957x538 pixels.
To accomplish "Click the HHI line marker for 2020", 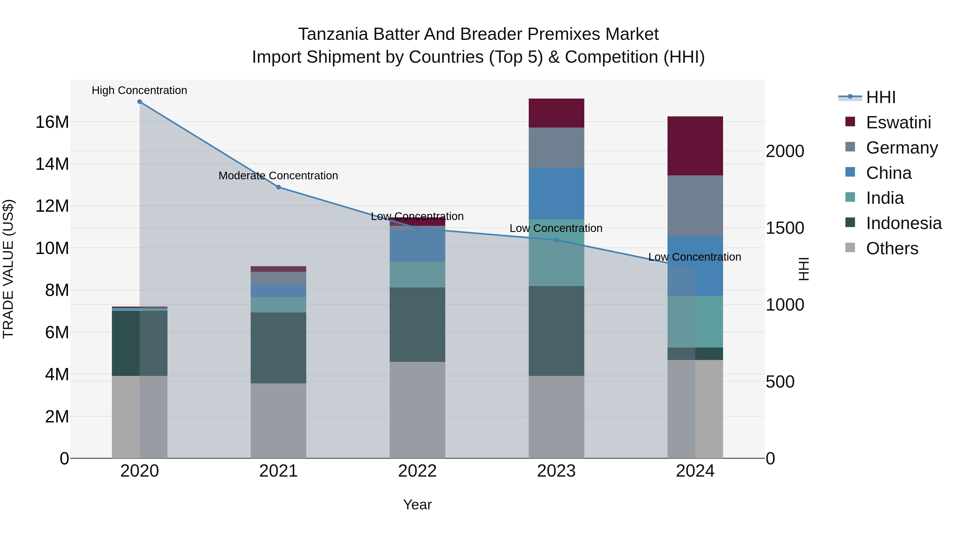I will click(140, 102).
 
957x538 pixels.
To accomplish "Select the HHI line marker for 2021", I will click(279, 187).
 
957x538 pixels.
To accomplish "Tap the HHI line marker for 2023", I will click(556, 240).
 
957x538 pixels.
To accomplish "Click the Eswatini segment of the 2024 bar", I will click(695, 146).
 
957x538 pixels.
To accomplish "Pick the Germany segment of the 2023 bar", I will click(556, 148).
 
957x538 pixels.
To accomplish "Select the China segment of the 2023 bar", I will click(556, 194).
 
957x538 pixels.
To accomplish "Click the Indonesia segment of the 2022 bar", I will click(417, 324).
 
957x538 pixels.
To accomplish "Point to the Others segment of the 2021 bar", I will click(279, 421).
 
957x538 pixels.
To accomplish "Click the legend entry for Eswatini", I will click(898, 122).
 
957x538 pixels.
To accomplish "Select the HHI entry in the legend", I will click(880, 97).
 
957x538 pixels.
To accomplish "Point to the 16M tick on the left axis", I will click(52, 122).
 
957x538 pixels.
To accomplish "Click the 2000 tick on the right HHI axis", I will click(785, 151).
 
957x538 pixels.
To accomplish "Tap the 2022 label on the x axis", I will click(417, 471).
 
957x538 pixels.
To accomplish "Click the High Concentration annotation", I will click(139, 90).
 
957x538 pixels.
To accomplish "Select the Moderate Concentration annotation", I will click(278, 176).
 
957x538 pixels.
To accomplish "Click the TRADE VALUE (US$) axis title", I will click(8, 269).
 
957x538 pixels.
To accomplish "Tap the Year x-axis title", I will click(417, 505).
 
